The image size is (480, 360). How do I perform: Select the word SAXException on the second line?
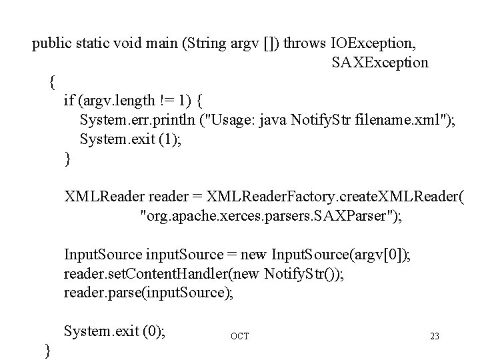[380, 63]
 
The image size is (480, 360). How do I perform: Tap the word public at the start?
[51, 45]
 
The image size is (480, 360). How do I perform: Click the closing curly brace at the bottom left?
[47, 349]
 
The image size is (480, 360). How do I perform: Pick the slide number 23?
[435, 336]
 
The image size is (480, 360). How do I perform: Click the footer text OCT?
[239, 336]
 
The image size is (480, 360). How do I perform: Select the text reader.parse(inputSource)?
[149, 292]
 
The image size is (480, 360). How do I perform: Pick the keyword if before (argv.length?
[69, 101]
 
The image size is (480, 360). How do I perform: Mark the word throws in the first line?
[306, 45]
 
